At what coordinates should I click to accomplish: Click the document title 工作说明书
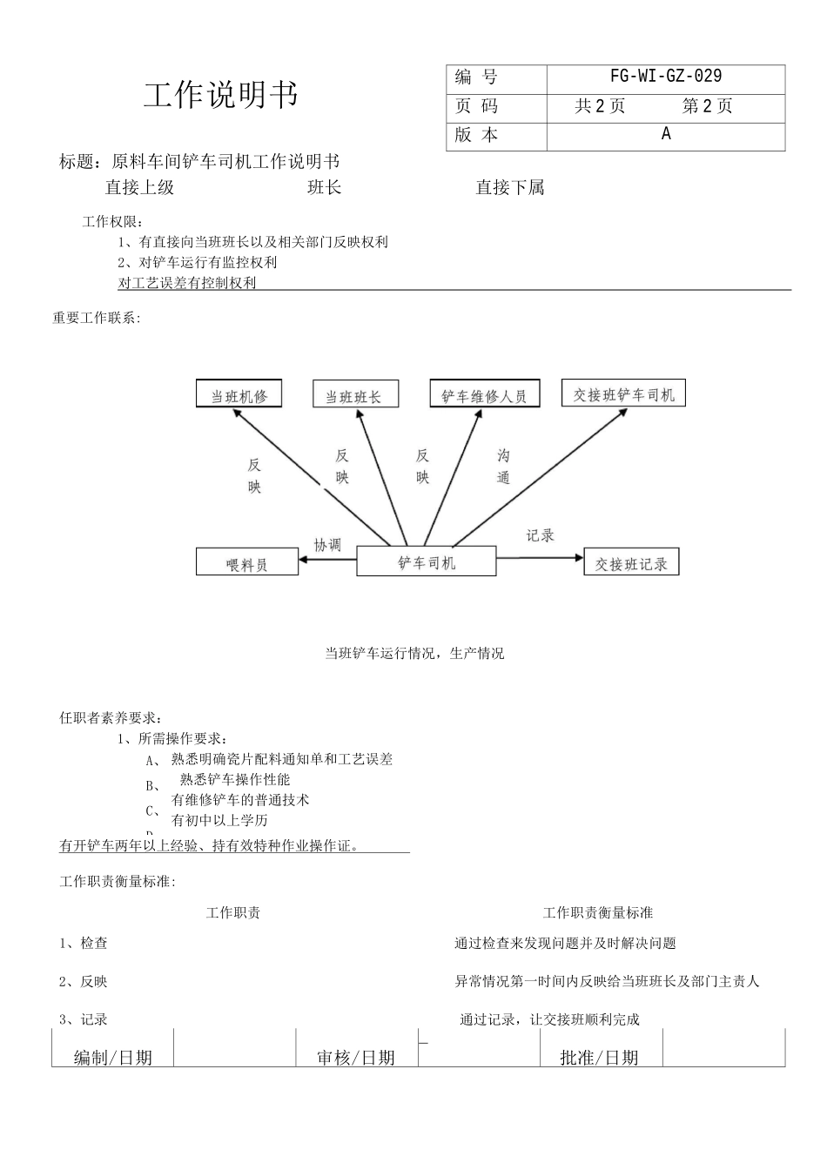pos(221,95)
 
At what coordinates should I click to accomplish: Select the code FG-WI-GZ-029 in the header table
pos(666,77)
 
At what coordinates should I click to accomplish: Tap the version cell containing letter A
pos(666,134)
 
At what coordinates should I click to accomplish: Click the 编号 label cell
pos(476,77)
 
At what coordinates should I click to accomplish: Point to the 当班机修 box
pos(239,395)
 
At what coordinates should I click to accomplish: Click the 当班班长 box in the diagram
pos(353,396)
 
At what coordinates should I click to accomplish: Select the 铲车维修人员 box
pos(484,395)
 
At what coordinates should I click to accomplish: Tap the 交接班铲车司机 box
pos(623,394)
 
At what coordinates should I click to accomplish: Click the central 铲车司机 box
pos(427,562)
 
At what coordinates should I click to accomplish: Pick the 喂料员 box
pos(247,564)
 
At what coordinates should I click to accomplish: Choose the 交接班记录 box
pos(631,563)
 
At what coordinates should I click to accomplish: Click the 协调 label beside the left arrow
pos(327,545)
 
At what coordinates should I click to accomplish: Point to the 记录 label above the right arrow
pos(540,535)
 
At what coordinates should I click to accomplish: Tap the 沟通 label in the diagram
pos(503,467)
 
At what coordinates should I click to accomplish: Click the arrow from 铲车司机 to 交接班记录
pos(540,557)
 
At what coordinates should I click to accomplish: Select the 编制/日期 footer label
pos(113,1057)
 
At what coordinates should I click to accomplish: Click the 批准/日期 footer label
pos(599,1057)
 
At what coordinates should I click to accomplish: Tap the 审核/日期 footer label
pos(356,1057)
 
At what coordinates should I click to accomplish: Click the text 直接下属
pos(510,187)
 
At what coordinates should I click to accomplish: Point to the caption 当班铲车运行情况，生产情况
pos(414,653)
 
